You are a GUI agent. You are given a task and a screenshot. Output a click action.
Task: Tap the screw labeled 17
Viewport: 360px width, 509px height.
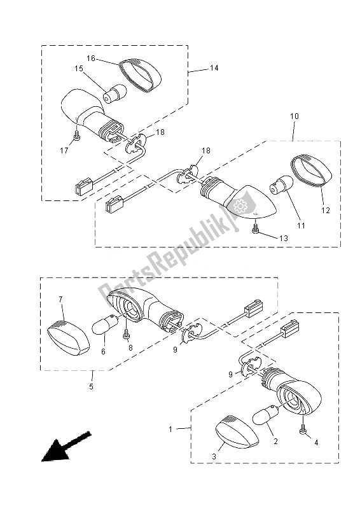(76, 136)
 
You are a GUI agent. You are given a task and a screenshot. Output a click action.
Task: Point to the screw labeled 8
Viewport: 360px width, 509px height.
(127, 331)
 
